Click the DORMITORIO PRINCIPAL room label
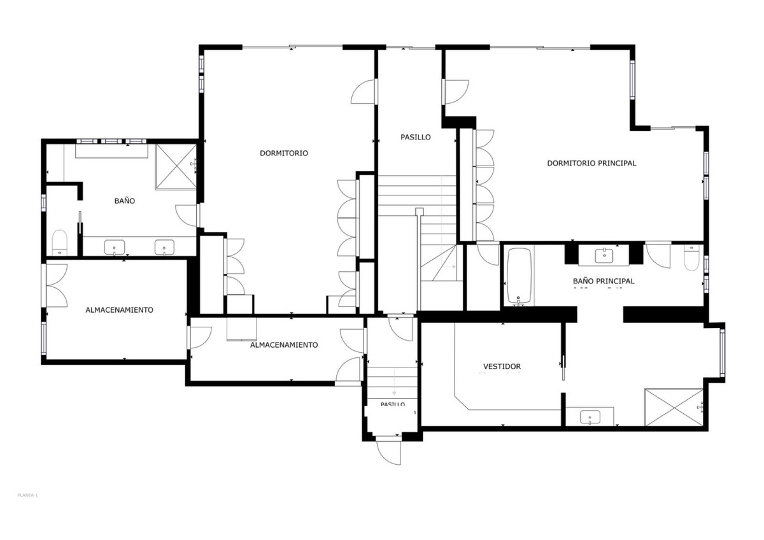pyautogui.click(x=591, y=163)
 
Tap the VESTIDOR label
pyautogui.click(x=502, y=367)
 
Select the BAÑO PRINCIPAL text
pyautogui.click(x=603, y=281)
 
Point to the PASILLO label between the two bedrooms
pyautogui.click(x=415, y=137)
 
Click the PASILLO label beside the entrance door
pyautogui.click(x=393, y=404)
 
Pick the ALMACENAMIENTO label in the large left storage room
pyautogui.click(x=119, y=310)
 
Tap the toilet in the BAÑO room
pyautogui.click(x=59, y=242)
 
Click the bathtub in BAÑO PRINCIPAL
pyautogui.click(x=520, y=276)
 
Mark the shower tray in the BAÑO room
pyautogui.click(x=176, y=167)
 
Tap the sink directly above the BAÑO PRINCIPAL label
pyautogui.click(x=603, y=255)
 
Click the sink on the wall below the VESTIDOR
pyautogui.click(x=590, y=417)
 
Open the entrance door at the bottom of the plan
pyautogui.click(x=388, y=450)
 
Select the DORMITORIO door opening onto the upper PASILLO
pyautogui.click(x=364, y=92)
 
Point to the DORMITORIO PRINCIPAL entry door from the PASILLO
pyautogui.click(x=456, y=92)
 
